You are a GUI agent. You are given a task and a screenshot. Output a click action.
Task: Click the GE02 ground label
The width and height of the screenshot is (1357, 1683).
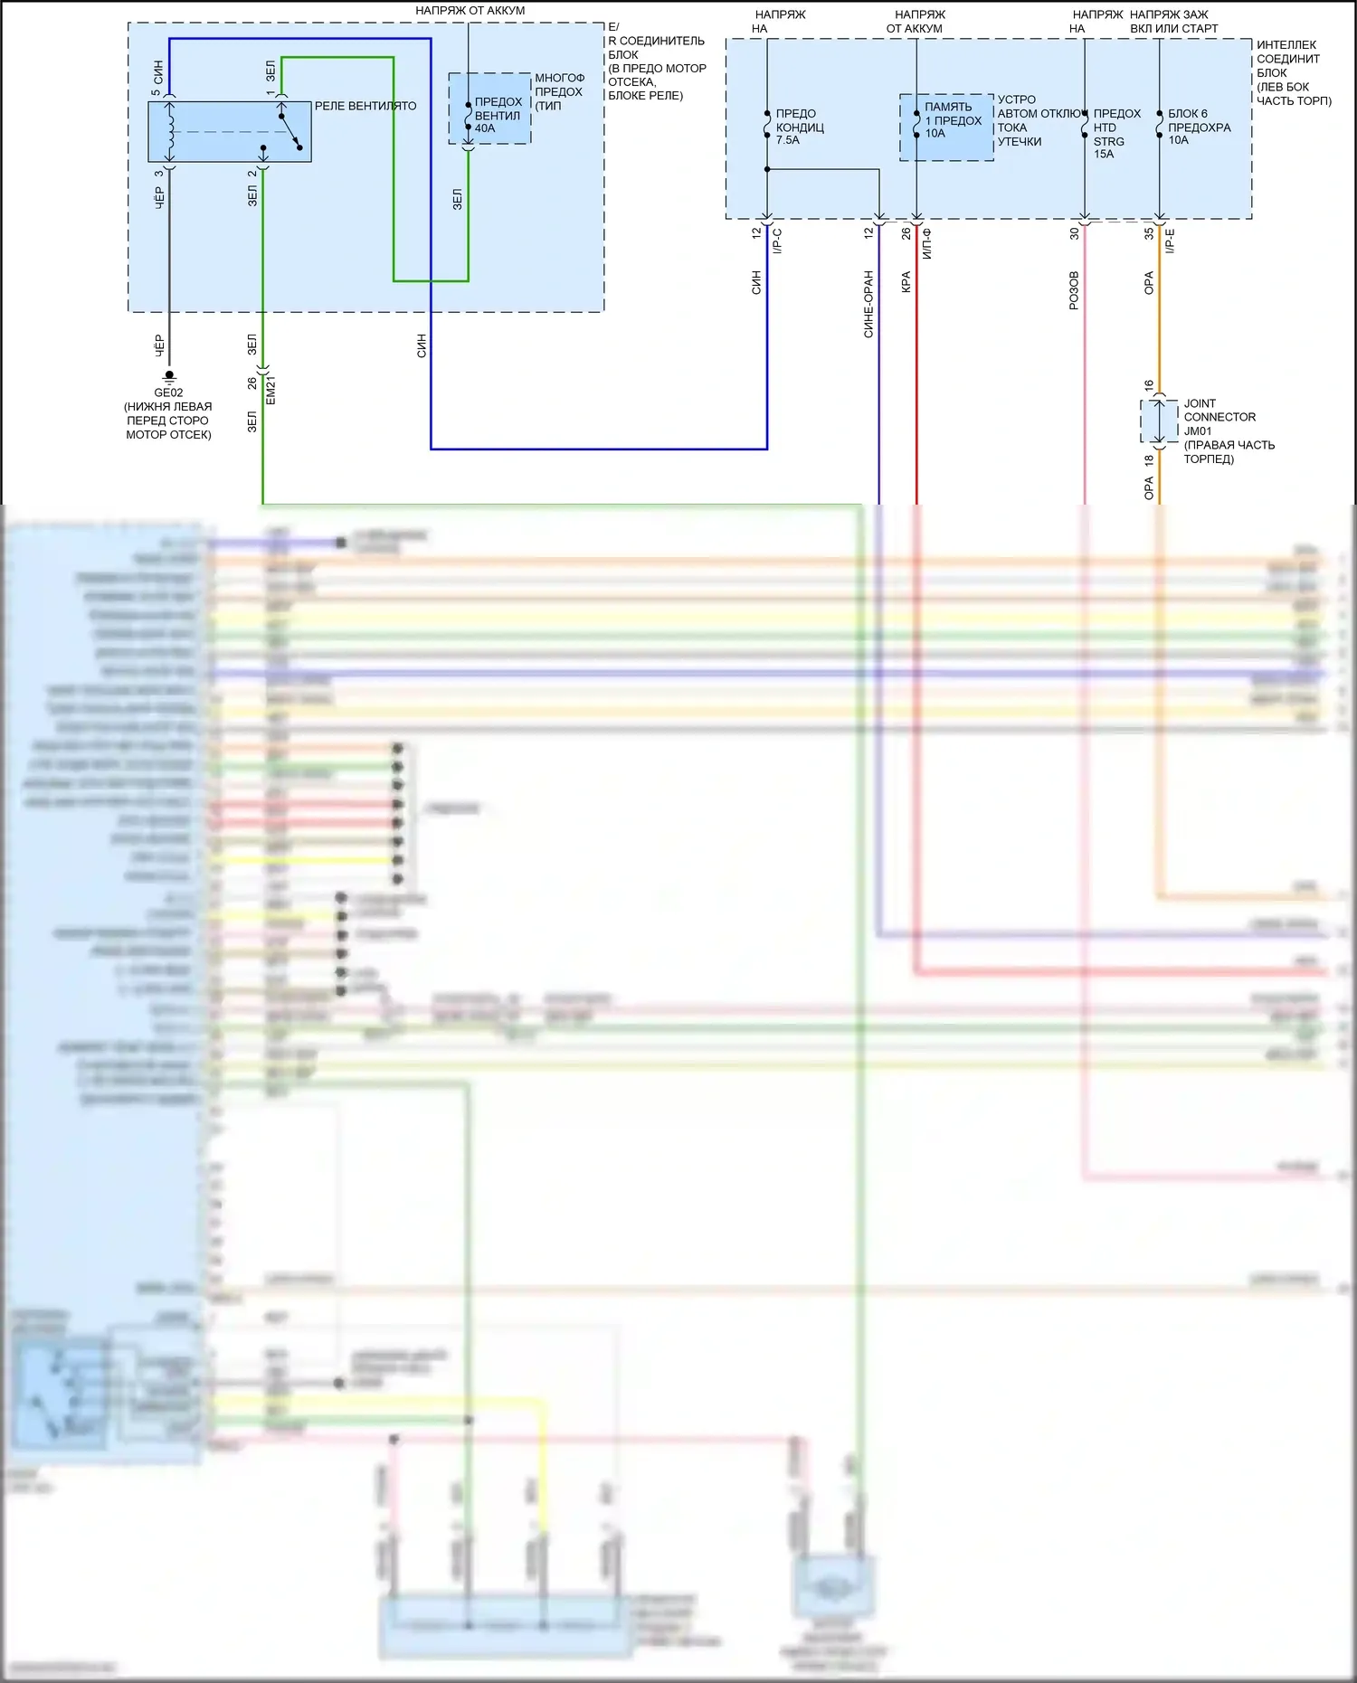(x=168, y=392)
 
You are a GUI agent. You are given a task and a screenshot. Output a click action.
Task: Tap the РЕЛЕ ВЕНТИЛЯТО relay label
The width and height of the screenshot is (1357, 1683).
(x=365, y=106)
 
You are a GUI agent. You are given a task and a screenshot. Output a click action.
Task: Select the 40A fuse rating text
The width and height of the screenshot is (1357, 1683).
(x=485, y=128)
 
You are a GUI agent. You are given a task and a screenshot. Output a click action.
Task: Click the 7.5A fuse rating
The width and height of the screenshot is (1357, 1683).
(x=787, y=140)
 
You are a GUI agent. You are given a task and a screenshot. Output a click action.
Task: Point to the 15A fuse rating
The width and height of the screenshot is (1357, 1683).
(x=1104, y=154)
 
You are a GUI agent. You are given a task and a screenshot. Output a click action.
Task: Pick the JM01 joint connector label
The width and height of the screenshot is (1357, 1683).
(x=1198, y=430)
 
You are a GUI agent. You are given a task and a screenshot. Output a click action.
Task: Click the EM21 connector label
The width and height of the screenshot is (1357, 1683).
(x=270, y=390)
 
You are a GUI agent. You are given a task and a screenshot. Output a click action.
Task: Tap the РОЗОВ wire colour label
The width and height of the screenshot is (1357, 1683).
(x=1074, y=290)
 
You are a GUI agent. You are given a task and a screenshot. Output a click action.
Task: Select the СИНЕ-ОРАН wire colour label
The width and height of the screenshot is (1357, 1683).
(x=868, y=304)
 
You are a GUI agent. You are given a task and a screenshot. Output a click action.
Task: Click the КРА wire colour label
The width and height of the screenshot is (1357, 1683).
(x=906, y=282)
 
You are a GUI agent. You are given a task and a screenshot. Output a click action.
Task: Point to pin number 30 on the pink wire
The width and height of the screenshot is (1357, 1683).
(x=1074, y=233)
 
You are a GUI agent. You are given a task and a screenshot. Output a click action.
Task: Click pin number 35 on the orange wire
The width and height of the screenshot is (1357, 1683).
(x=1149, y=233)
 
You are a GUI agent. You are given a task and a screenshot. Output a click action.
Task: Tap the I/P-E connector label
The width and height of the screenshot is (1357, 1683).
(x=1170, y=241)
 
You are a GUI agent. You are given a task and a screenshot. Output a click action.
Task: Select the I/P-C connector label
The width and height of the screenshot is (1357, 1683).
(x=777, y=241)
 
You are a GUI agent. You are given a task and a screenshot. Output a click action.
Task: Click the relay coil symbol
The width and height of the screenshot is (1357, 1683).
(x=170, y=129)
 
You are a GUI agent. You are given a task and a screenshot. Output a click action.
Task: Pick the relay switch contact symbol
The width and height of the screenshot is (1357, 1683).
(x=289, y=130)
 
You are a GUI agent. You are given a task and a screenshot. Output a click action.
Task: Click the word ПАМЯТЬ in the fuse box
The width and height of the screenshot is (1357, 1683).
(x=948, y=107)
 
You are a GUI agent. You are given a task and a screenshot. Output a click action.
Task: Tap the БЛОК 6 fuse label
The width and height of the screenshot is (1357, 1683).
(x=1187, y=114)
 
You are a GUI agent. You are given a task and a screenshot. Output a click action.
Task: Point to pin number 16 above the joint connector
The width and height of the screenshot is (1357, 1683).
(x=1149, y=385)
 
